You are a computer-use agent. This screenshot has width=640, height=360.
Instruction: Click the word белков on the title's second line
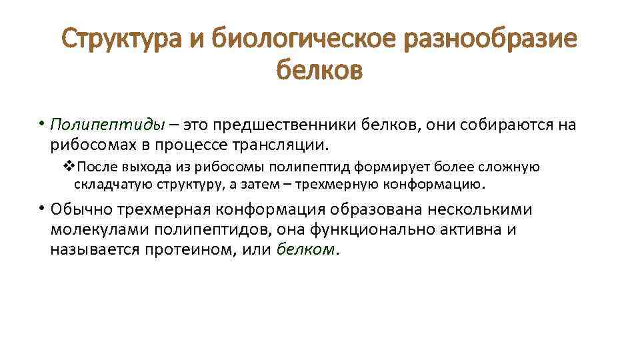[319, 70]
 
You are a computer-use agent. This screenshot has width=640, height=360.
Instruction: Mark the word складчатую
[107, 183]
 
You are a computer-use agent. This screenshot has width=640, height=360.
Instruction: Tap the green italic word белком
[305, 250]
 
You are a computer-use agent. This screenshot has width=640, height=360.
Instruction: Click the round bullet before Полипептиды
[41, 123]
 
